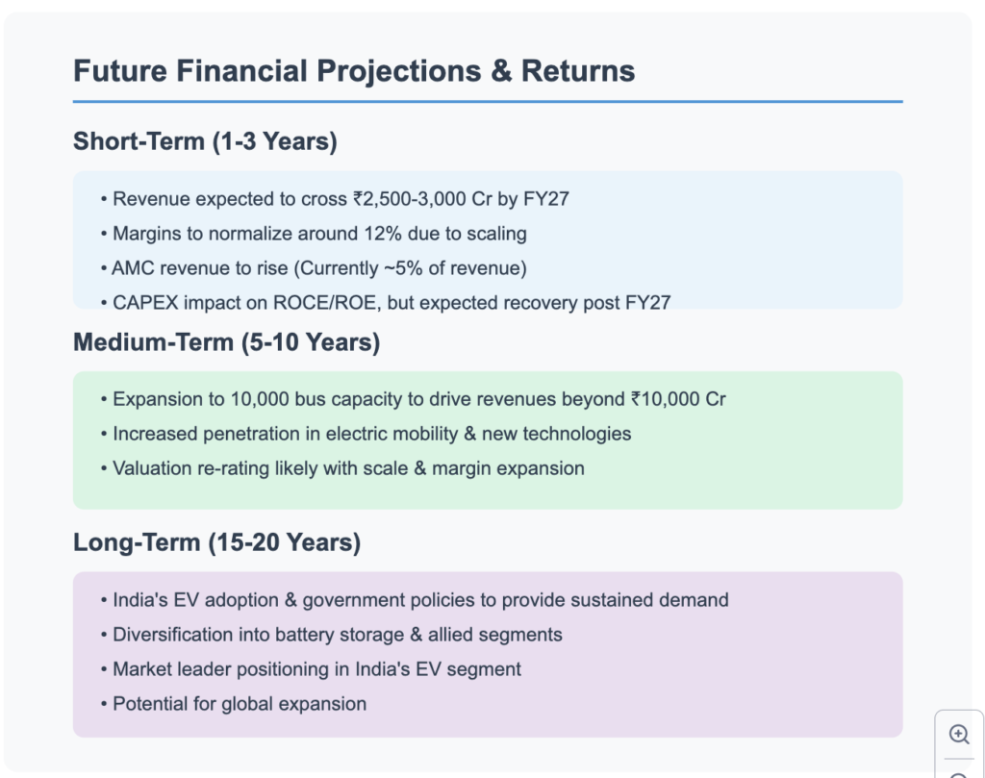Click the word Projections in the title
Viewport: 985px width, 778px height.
(x=399, y=71)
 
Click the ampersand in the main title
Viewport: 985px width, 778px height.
(x=501, y=71)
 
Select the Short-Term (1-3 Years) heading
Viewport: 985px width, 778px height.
(x=206, y=142)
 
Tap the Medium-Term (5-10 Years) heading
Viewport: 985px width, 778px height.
(x=227, y=343)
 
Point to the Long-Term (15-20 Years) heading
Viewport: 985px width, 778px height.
(x=217, y=543)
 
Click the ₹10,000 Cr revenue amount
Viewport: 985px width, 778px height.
(x=678, y=399)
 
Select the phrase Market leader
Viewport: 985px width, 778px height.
(x=167, y=669)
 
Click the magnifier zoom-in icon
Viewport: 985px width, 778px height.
(x=959, y=734)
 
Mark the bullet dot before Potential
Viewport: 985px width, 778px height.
(x=104, y=705)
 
